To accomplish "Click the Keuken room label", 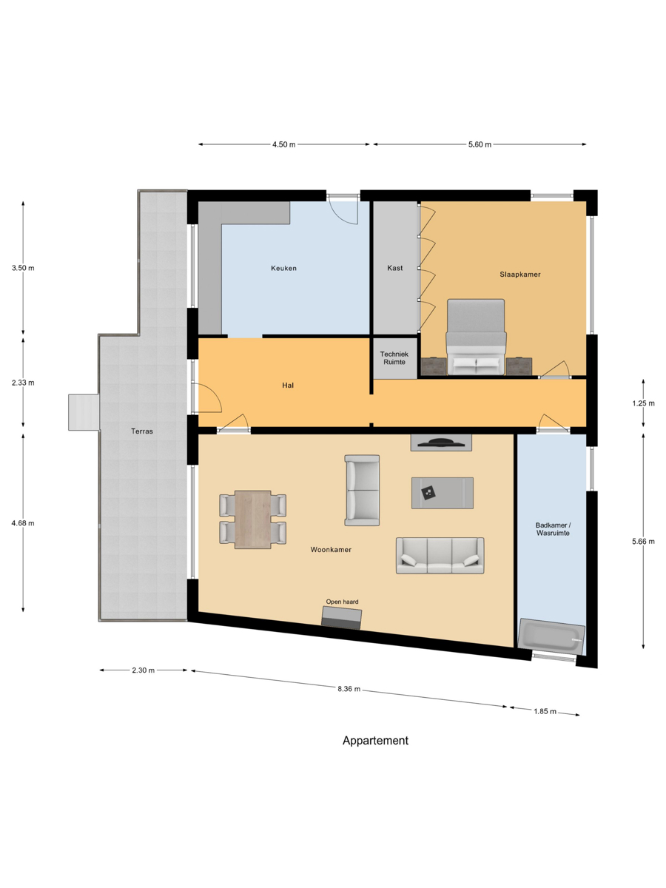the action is pos(283,268).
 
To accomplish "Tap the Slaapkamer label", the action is pos(519,275).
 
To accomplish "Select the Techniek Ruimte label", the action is pos(394,358).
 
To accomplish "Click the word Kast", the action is pos(394,268).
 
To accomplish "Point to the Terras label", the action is pos(142,431).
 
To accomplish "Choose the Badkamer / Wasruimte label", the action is pos(553,529).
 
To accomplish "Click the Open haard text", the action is pos(342,602).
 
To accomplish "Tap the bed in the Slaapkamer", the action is pos(476,337).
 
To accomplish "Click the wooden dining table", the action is pos(253,519).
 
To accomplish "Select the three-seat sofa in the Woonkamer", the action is pos(440,556).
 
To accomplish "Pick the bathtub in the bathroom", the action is pos(551,636).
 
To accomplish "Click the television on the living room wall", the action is pos(441,443).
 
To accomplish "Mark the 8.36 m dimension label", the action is pos(349,689).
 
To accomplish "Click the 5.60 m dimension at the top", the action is pos(480,144).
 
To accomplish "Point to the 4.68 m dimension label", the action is pos(23,523).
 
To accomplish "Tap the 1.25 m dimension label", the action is pos(643,403).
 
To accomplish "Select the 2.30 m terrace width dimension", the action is pos(143,670).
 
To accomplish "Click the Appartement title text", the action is pos(375,741).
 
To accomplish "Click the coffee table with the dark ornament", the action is pos(443,493).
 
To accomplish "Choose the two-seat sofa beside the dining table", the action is pos(362,491).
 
